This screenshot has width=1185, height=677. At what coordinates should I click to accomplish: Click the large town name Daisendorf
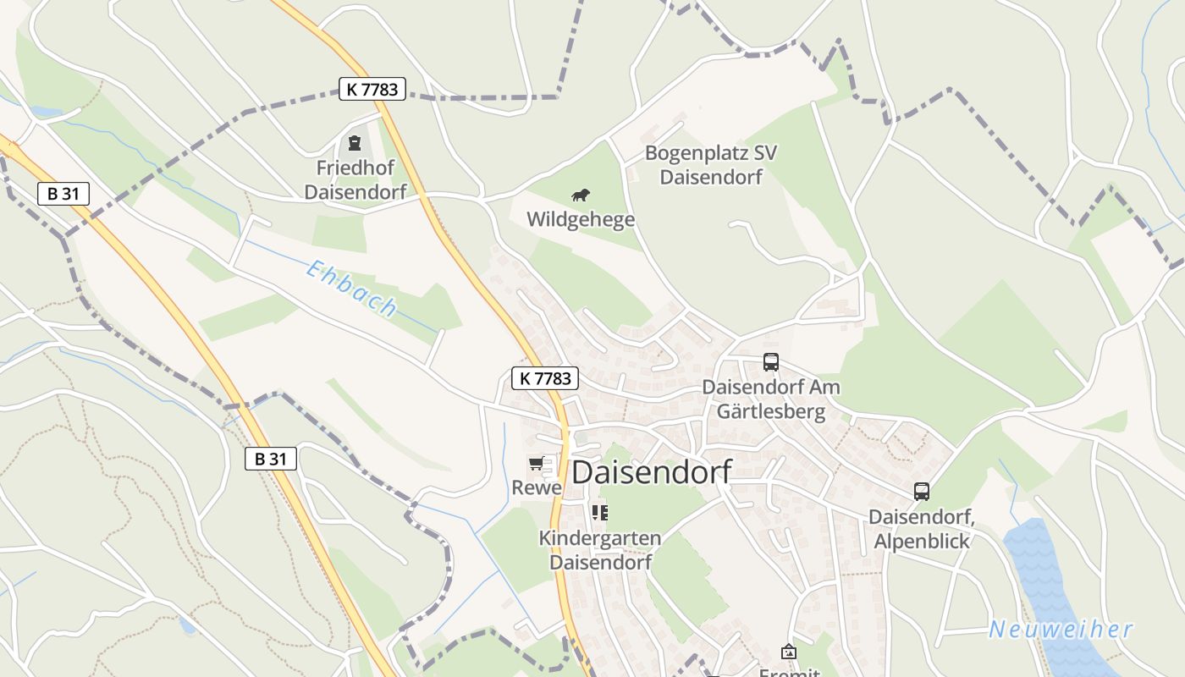[651, 473]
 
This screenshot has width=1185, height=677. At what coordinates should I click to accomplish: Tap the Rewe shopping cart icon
[536, 463]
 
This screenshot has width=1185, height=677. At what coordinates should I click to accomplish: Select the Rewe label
[537, 488]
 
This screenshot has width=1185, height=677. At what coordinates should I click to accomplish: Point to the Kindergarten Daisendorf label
[600, 550]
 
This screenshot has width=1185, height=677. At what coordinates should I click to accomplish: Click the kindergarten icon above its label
[600, 512]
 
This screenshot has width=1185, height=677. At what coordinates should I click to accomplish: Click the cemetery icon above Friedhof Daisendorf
[355, 144]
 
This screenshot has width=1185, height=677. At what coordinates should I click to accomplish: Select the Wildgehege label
[581, 220]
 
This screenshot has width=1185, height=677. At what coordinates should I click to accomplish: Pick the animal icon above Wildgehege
[581, 196]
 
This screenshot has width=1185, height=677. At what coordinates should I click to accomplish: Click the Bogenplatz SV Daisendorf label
[711, 165]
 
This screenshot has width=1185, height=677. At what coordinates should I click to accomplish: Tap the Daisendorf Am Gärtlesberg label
[771, 399]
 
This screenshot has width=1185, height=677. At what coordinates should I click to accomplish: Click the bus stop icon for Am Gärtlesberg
[771, 362]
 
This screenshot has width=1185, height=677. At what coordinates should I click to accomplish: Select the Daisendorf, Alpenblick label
[922, 528]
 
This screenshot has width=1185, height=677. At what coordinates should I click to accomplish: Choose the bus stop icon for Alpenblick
[922, 491]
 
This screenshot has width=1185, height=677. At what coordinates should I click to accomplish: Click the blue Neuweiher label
[1061, 630]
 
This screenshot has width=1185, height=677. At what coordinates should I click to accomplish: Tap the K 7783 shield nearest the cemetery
[372, 88]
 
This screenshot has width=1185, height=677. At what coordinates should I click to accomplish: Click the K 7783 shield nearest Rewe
[545, 378]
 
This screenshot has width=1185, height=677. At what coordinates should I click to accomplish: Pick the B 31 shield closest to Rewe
[271, 459]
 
